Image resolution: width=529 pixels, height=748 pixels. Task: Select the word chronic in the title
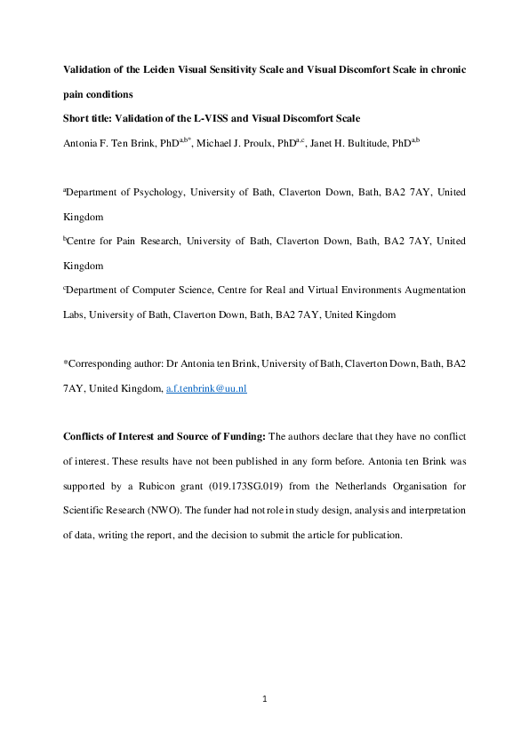445,69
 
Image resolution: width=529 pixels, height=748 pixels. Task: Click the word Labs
76,315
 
